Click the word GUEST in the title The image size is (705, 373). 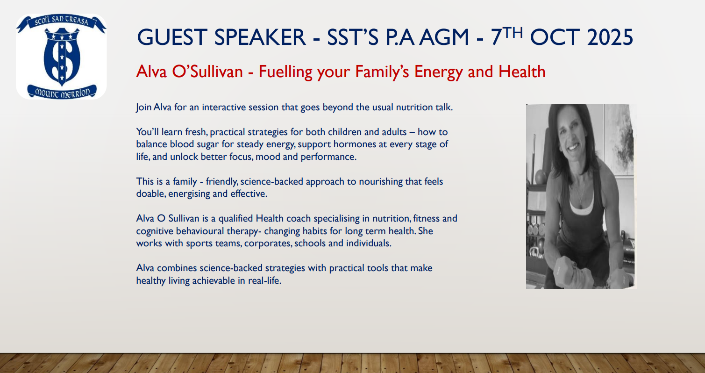tap(172, 37)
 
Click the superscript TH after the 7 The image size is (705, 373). tap(513, 32)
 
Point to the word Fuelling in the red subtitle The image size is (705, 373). tap(285, 72)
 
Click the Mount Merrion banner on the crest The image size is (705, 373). tap(62, 92)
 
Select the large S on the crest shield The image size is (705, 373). tap(62, 58)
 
